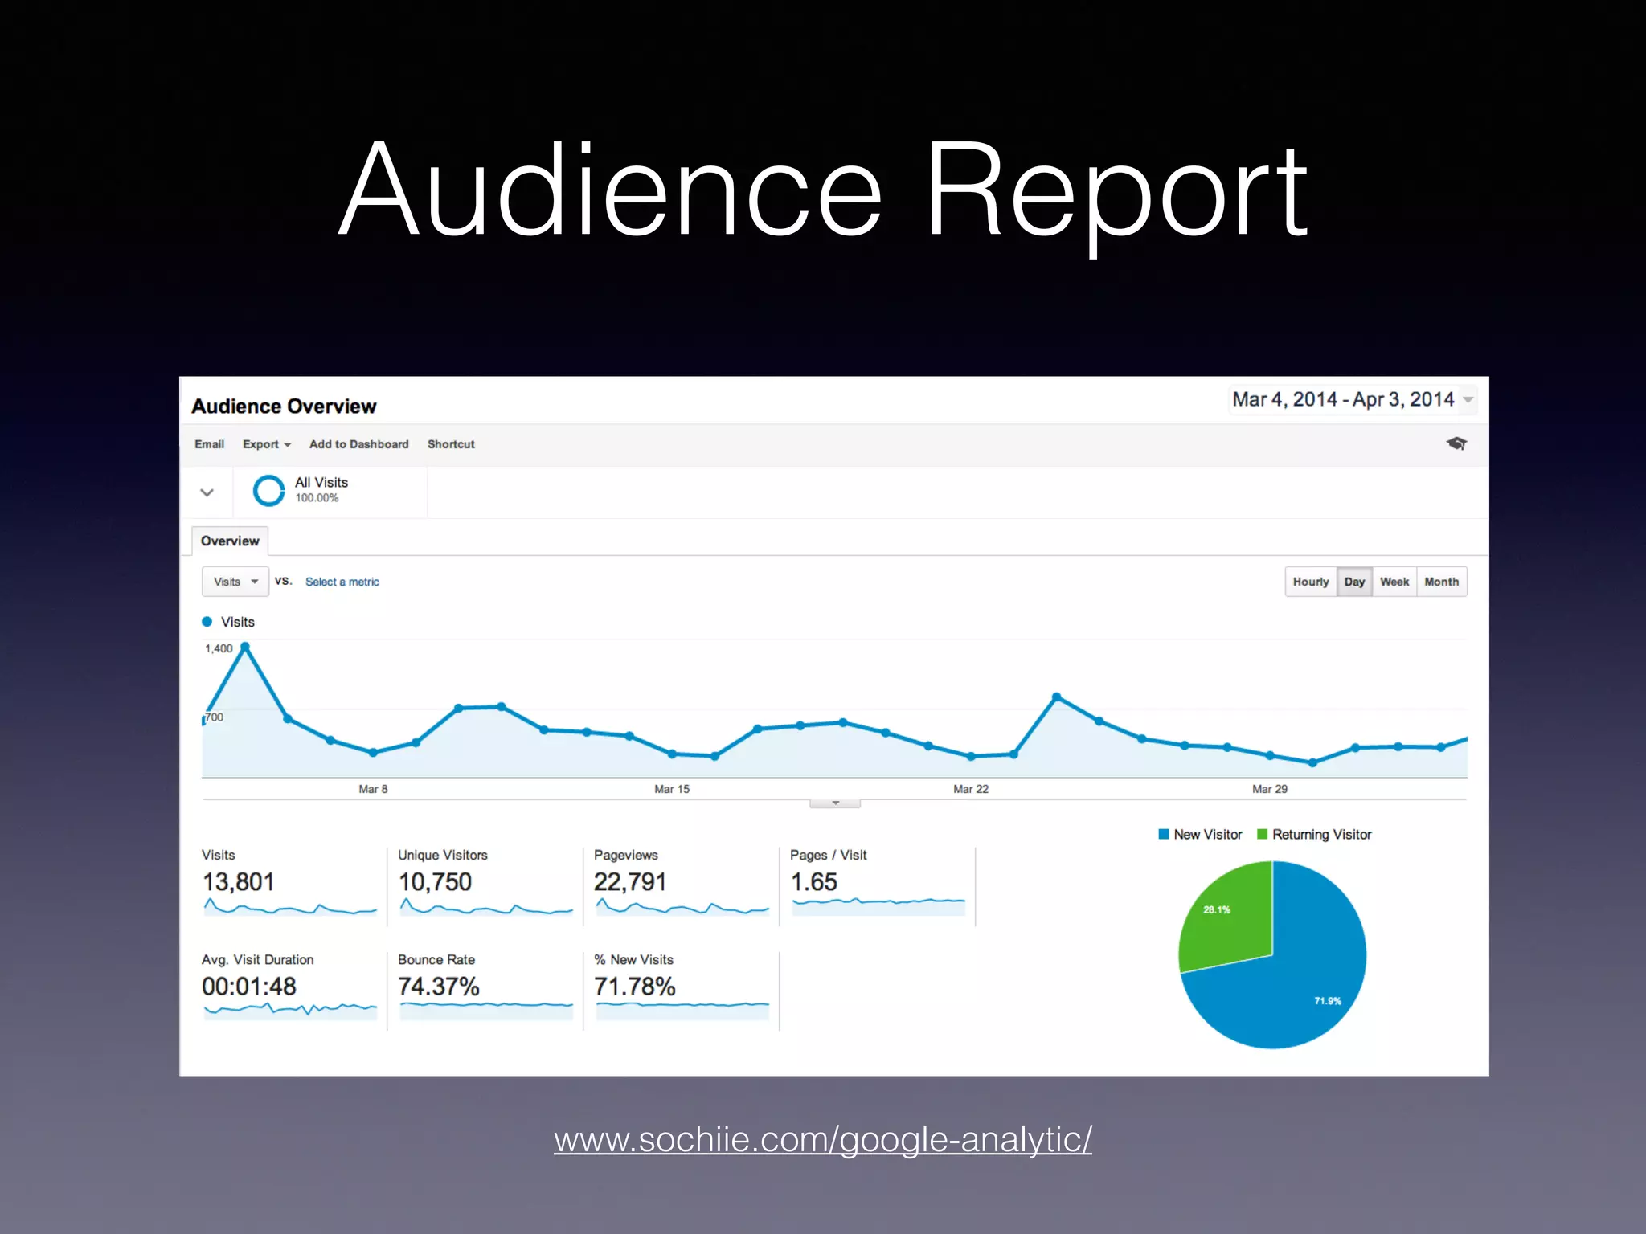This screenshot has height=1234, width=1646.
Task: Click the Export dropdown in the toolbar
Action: (266, 444)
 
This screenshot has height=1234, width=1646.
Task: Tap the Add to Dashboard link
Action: (358, 444)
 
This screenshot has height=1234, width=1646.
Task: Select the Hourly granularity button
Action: (1310, 582)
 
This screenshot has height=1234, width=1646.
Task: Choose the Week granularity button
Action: (1394, 582)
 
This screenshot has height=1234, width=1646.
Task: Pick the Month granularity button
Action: (1441, 582)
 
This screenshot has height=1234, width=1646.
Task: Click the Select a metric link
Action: (342, 582)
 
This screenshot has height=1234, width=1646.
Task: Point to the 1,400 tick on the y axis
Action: (219, 648)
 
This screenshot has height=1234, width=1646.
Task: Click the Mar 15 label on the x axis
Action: (672, 789)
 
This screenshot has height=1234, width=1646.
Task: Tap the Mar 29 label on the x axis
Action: (1270, 789)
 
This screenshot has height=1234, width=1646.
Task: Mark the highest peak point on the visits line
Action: (245, 647)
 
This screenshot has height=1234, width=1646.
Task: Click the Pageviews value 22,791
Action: (630, 882)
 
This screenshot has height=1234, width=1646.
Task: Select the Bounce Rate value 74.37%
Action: (439, 987)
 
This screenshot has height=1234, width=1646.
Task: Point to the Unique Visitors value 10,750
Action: (435, 882)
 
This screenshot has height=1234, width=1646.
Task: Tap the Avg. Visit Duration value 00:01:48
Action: (249, 987)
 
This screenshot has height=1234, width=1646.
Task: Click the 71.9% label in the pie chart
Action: (1328, 1001)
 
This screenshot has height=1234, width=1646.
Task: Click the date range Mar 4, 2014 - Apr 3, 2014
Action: (1344, 399)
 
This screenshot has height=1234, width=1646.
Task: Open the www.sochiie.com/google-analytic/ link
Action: (823, 1139)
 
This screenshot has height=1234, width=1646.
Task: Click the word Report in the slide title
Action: (1117, 193)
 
